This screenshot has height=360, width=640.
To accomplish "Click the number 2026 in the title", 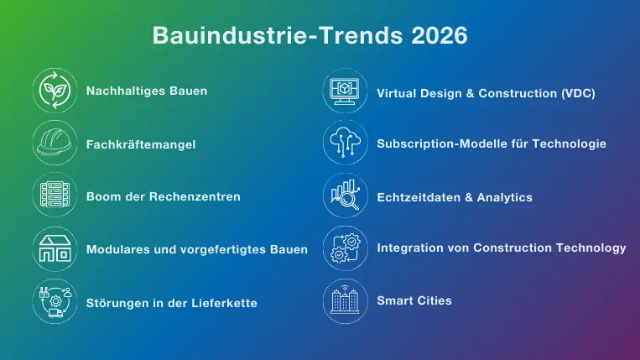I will click(x=439, y=36).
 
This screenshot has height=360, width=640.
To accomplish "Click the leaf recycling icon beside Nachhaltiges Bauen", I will click(x=55, y=90).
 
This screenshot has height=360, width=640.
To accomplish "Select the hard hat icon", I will click(x=55, y=143).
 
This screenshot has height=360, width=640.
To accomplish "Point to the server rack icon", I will click(x=55, y=196).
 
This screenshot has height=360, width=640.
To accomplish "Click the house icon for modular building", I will click(x=55, y=249).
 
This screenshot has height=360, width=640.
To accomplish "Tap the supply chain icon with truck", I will click(x=55, y=302).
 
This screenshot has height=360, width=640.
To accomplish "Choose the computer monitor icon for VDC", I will click(x=346, y=92).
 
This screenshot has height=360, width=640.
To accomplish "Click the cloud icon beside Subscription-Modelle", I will click(x=346, y=143).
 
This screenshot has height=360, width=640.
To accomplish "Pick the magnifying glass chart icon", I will click(x=346, y=196).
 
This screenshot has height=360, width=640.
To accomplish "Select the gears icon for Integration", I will click(x=346, y=248).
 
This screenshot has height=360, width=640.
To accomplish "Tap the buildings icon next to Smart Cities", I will click(x=346, y=300).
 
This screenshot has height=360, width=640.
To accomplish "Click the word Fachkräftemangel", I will click(x=141, y=144).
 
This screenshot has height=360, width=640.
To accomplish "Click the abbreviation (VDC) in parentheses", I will click(x=578, y=93).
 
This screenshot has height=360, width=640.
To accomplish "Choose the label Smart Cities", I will click(x=414, y=300).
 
